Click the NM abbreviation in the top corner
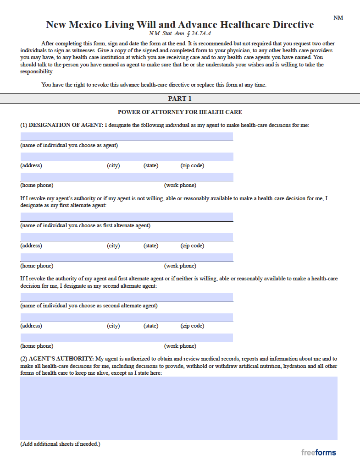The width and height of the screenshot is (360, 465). click(x=338, y=18)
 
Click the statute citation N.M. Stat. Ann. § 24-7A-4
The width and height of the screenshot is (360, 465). click(x=180, y=33)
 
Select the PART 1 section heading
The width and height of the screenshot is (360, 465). click(x=180, y=98)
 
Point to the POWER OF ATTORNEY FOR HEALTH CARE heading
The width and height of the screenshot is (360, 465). click(x=180, y=112)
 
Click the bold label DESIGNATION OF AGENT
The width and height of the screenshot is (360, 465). click(x=66, y=125)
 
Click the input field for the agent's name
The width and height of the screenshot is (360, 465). click(x=127, y=137)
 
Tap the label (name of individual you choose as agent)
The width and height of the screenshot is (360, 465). click(x=69, y=145)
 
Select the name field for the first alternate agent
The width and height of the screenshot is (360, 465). click(x=127, y=217)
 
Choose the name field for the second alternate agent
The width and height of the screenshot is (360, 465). click(x=127, y=297)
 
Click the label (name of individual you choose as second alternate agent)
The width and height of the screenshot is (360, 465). click(x=89, y=306)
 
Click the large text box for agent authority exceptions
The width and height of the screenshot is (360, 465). click(x=178, y=408)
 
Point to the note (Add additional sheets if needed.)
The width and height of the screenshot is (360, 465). click(x=60, y=444)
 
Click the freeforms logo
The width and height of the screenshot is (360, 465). click(x=318, y=453)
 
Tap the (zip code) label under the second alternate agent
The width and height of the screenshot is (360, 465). click(x=192, y=326)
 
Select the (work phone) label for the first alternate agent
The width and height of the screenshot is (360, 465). click(x=180, y=266)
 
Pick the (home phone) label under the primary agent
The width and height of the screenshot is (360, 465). click(x=37, y=185)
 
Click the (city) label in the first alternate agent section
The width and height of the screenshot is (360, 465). click(x=113, y=246)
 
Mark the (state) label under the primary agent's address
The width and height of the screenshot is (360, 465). click(x=151, y=165)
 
